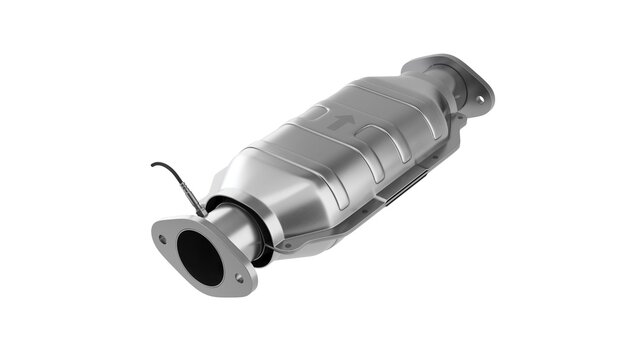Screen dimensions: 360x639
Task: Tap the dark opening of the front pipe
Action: click(x=200, y=256)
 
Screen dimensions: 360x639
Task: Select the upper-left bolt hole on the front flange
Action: click(x=162, y=237)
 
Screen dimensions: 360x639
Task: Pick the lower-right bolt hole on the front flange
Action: click(x=238, y=279)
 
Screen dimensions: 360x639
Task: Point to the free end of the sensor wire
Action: click(x=153, y=165)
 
